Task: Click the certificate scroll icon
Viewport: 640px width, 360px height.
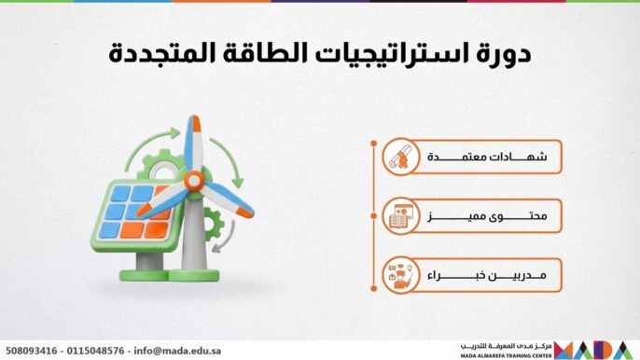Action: [x=401, y=159]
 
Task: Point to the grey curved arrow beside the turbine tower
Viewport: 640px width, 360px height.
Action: [x=221, y=245]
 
